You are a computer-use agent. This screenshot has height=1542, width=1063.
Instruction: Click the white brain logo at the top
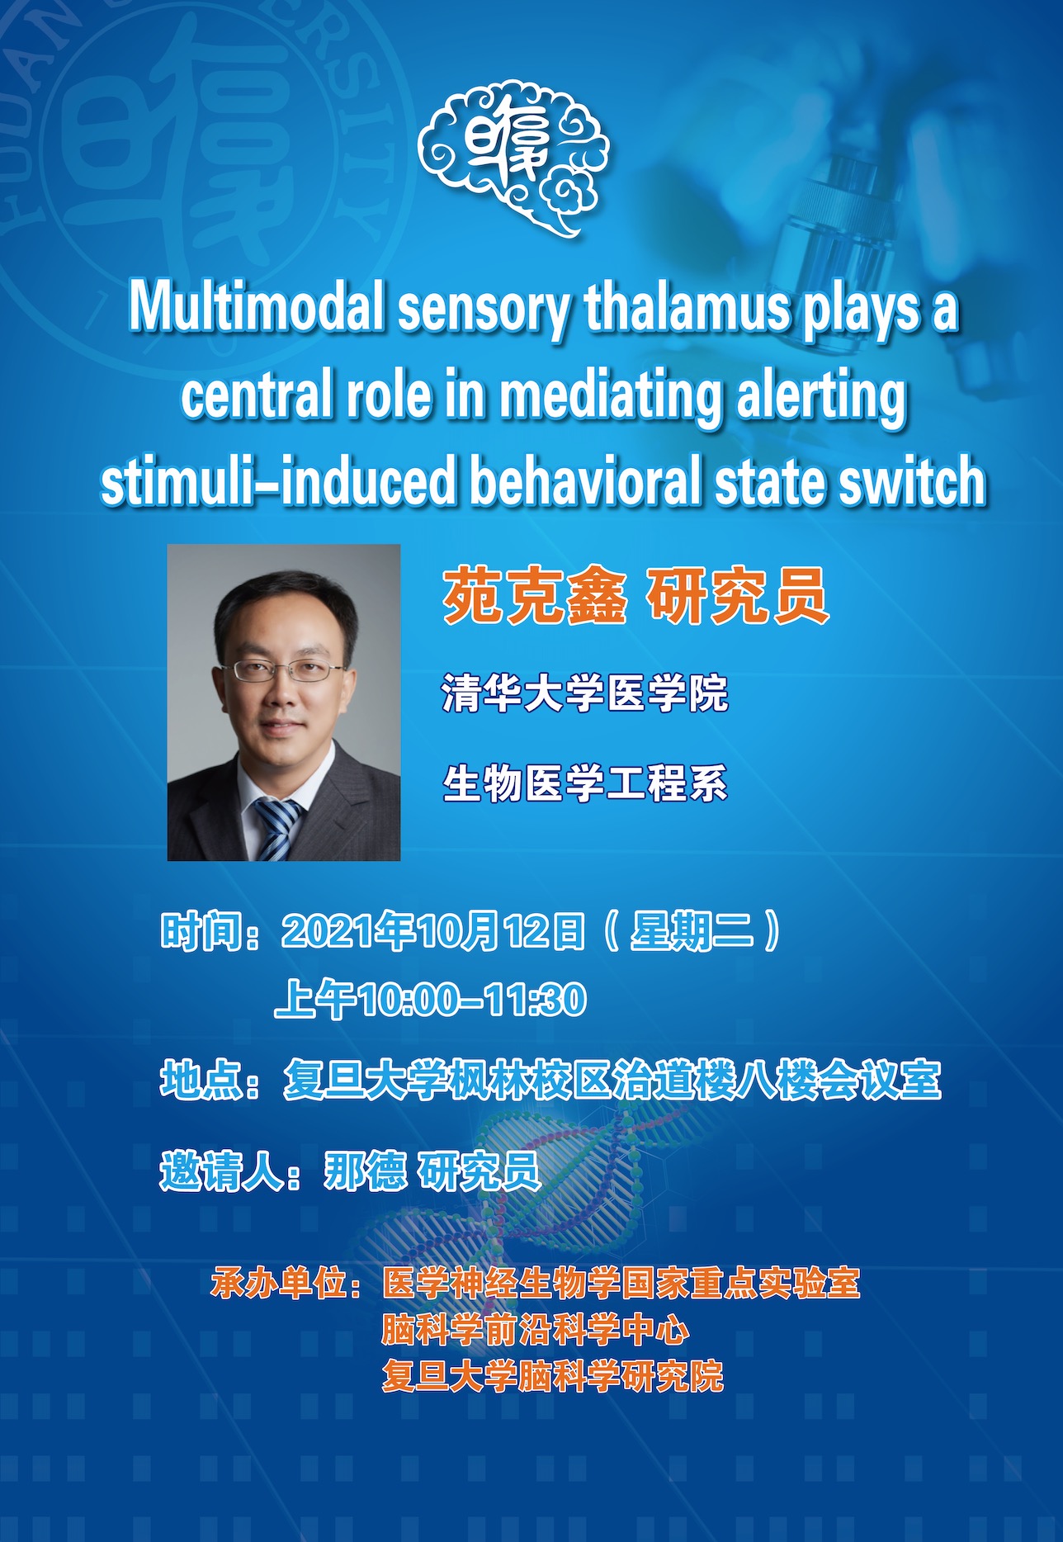tap(513, 157)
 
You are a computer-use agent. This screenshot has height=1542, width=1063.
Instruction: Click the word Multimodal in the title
tap(257, 308)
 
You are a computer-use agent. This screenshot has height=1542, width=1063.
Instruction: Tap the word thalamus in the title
tap(687, 308)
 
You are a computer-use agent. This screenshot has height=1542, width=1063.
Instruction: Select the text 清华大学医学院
tap(585, 693)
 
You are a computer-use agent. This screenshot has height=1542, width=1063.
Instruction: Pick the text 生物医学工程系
tap(585, 783)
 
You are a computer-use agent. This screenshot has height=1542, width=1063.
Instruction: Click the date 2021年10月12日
tap(434, 931)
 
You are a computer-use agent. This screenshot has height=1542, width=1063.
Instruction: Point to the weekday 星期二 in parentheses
tap(692, 931)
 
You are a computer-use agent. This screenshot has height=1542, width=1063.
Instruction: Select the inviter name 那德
tap(365, 1170)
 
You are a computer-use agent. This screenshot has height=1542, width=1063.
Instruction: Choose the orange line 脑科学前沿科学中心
tap(535, 1329)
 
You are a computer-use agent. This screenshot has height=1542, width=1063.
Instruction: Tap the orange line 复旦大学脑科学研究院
tap(552, 1375)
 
